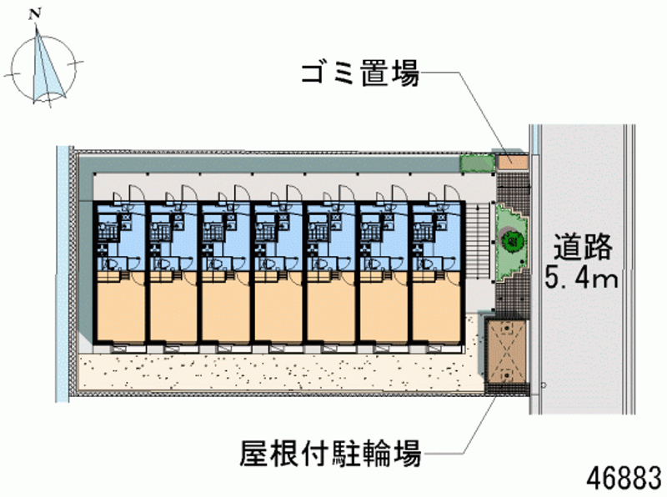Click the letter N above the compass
(x=35, y=14)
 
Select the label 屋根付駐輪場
(x=331, y=453)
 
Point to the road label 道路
(x=582, y=247)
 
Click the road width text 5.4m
(x=581, y=279)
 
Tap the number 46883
(x=624, y=478)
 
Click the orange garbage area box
(x=513, y=162)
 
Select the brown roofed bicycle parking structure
(x=507, y=351)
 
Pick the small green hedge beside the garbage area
(x=477, y=163)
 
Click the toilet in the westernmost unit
(x=112, y=264)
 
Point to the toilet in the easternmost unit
(x=427, y=264)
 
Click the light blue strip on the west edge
(x=63, y=274)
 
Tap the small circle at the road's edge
(x=544, y=385)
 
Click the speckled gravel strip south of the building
(x=281, y=370)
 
